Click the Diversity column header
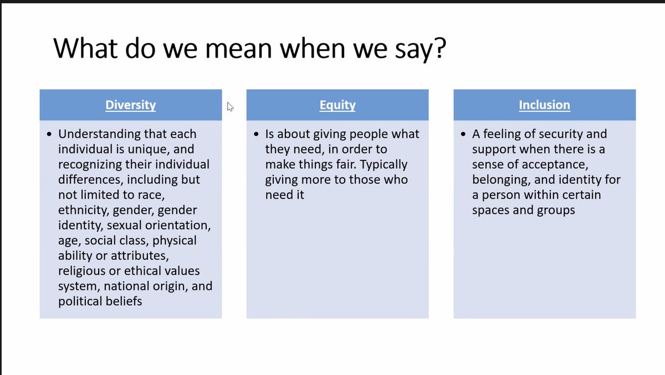pos(130,105)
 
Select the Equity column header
pos(337,105)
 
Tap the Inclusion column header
pos(544,105)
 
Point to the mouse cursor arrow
pos(230,106)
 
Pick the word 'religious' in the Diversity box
pos(83,271)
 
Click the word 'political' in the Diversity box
pos(81,301)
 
